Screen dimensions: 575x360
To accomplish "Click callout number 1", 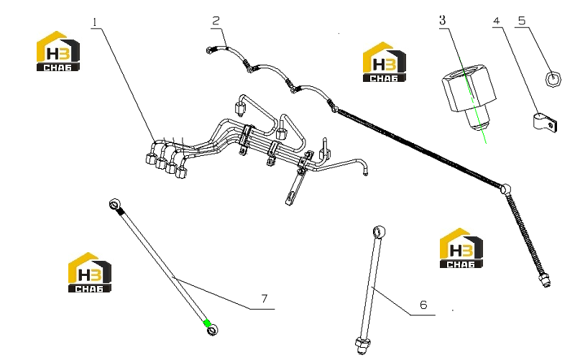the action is coord(95,22).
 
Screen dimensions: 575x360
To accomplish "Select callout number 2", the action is coord(216,21).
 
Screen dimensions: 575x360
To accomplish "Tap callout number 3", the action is coord(443,20).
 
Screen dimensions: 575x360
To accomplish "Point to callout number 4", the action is coord(497,21).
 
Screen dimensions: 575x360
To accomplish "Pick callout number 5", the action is coord(522,21).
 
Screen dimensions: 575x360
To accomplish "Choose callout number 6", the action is coord(423,305).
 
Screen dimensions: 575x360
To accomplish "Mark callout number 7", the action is coord(264,299).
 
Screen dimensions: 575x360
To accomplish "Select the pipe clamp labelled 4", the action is coord(545,121).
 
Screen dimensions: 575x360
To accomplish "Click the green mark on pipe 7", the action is coord(207,323).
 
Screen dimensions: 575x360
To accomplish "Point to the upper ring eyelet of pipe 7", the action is coord(114,203).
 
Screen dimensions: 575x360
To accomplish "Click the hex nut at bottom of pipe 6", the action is coord(362,345).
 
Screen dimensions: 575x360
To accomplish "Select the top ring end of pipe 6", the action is coord(379,231).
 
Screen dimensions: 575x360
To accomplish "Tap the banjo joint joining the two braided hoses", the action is coord(506,189).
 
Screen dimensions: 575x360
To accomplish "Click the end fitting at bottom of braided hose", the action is coord(545,281).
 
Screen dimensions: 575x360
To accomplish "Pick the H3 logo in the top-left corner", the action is coord(58,51).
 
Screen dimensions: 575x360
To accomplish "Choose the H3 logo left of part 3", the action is coord(385,62).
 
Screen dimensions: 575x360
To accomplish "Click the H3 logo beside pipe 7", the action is coord(90,272).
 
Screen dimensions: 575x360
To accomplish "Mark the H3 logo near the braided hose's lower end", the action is coord(461,248).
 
